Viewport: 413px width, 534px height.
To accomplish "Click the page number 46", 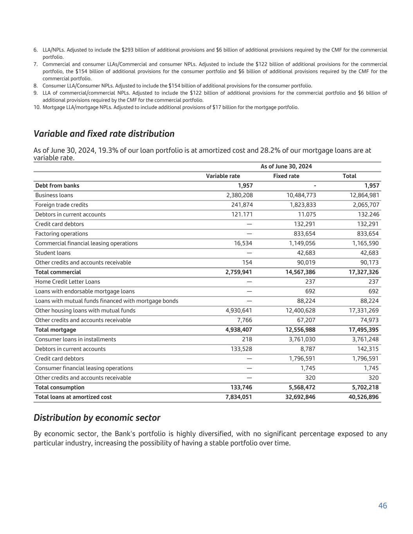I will point(382,506).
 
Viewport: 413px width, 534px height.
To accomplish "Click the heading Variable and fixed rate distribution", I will point(104,134).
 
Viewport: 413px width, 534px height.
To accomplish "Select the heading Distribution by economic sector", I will point(97,418).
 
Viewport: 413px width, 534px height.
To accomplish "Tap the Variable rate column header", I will point(223,176).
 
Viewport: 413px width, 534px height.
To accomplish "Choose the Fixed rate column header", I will point(286,176).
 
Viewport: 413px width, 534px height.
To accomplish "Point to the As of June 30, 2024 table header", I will point(286,167).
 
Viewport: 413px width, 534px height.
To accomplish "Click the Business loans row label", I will point(54,195).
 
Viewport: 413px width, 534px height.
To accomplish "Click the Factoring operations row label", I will point(61,234).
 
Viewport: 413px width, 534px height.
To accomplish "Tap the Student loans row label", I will point(53,253).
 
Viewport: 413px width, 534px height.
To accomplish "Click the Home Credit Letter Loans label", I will point(67,282).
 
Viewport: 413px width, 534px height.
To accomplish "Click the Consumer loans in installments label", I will point(76,340).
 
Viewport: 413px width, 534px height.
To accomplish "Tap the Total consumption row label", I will point(60,387).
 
